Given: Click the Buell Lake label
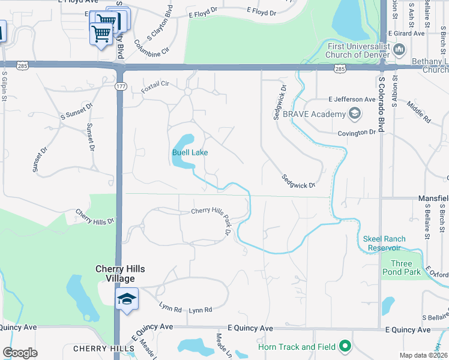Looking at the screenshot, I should (190, 152).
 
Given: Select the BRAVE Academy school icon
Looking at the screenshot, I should (355, 113).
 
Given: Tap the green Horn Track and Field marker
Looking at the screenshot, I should (345, 346).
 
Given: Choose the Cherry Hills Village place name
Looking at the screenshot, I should (121, 274).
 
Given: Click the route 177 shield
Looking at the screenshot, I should (121, 87).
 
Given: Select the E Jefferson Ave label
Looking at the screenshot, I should (352, 99).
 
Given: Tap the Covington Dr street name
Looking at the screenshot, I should (356, 133).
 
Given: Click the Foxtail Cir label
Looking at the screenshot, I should (155, 86).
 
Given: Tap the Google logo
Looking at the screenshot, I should (20, 353).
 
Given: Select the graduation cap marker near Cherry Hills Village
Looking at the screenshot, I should (127, 299).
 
